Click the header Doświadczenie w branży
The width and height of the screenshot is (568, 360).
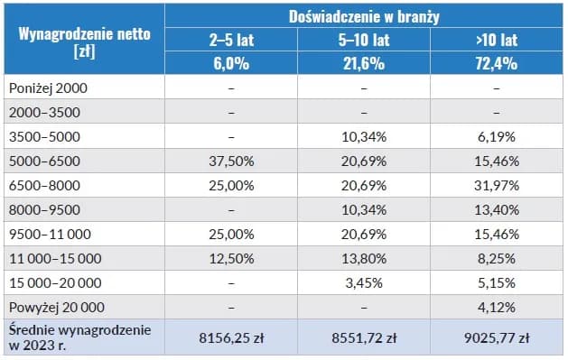pyautogui.click(x=364, y=15)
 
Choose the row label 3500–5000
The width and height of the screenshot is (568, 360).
pyautogui.click(x=45, y=136)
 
